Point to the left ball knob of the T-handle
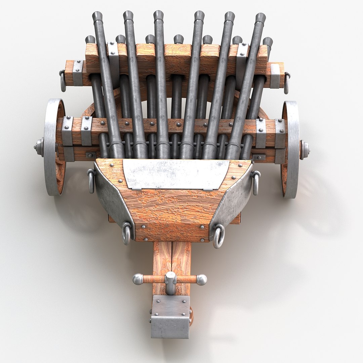pyautogui.click(x=137, y=279)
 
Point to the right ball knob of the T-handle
pyautogui.click(x=201, y=280)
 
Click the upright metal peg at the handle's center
pyautogui.click(x=170, y=282)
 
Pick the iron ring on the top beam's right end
pyautogui.click(x=287, y=83)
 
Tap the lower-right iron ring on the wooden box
pyautogui.click(x=218, y=236)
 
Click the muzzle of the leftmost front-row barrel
pyautogui.click(x=97, y=16)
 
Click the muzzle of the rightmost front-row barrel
pyautogui.click(x=260, y=17)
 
